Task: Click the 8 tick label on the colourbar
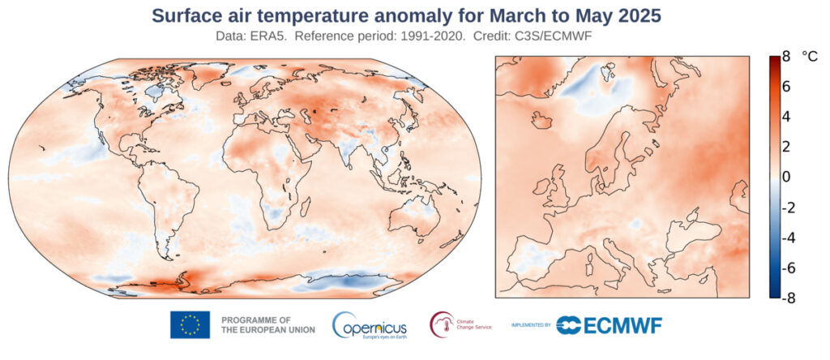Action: pyautogui.click(x=785, y=57)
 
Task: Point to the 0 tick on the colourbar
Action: pyautogui.click(x=785, y=177)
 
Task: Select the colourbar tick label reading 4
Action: pyautogui.click(x=785, y=117)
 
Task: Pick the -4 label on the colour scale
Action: pyautogui.click(x=784, y=238)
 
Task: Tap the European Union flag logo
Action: pyautogui.click(x=190, y=325)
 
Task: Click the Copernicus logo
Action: pyautogui.click(x=370, y=325)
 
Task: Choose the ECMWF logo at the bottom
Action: pyautogui.click(x=610, y=325)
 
